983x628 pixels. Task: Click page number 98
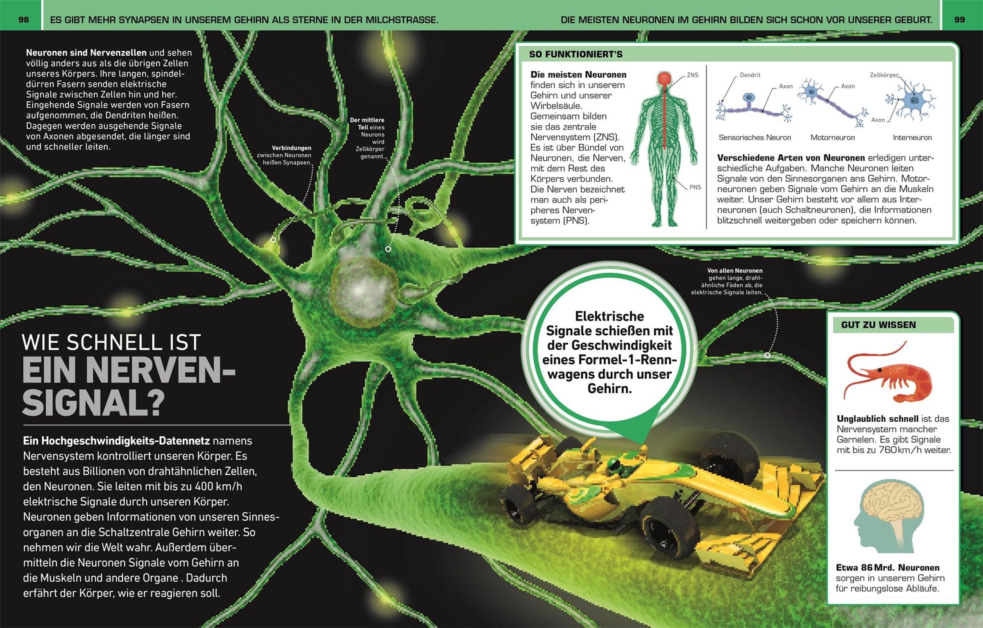[x=24, y=20]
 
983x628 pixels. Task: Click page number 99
[x=960, y=20]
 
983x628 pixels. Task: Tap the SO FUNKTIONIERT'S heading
[x=575, y=54]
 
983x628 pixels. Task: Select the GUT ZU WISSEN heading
[x=879, y=325]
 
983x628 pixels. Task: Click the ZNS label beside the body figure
[x=693, y=75]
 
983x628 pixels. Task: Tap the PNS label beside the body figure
[x=695, y=187]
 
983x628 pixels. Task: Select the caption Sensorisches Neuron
[x=755, y=138]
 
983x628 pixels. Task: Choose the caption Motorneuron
[x=833, y=138]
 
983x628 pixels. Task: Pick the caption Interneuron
[x=912, y=138]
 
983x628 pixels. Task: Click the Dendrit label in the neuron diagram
[x=750, y=75]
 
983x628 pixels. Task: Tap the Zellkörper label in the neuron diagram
[x=884, y=75]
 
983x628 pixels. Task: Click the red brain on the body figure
[x=665, y=79]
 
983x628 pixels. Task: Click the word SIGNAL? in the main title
[x=93, y=402]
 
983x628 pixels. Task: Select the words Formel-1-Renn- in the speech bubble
[x=609, y=360]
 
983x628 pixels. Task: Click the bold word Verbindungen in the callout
[x=292, y=148]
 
